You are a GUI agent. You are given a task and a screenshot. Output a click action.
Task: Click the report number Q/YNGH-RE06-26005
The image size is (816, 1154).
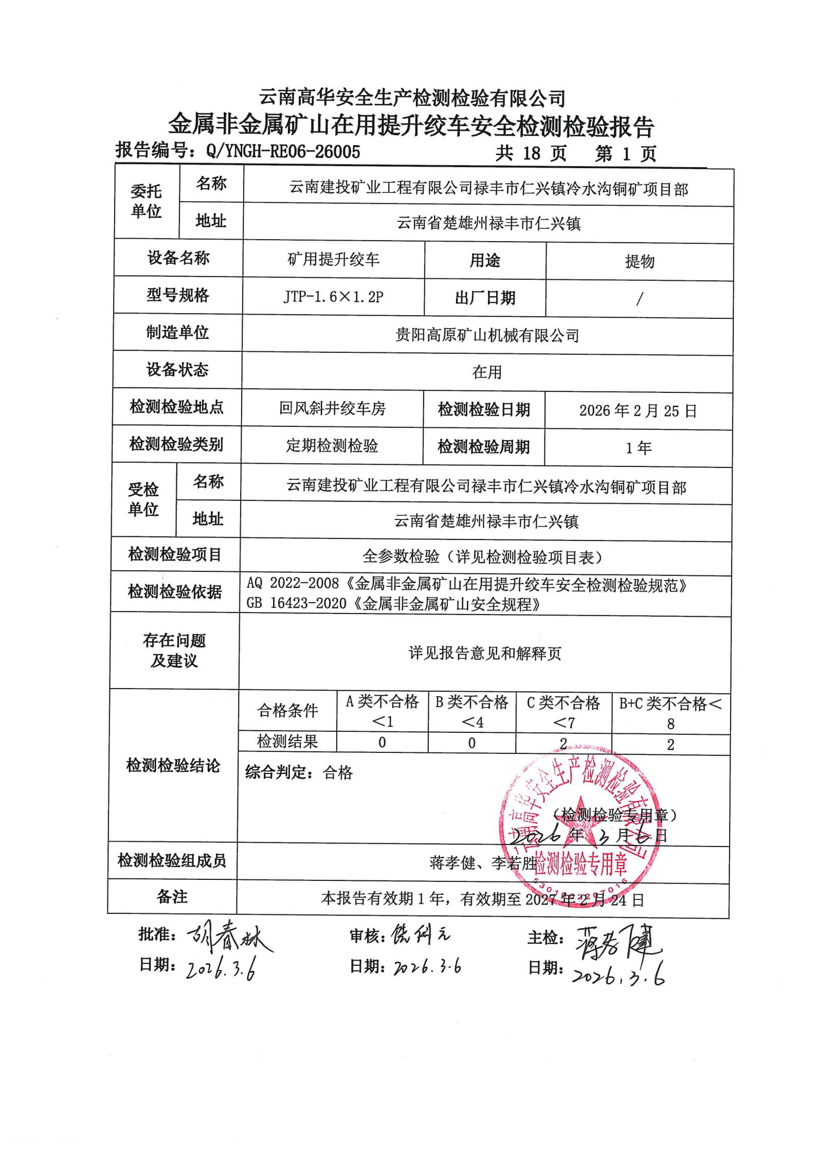(x=283, y=152)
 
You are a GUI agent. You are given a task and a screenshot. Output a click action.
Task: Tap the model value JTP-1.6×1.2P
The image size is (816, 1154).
(x=333, y=297)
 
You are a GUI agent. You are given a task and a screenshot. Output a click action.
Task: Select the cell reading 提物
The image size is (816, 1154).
(x=640, y=262)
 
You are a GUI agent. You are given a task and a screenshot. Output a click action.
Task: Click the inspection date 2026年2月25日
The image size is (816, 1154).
(x=638, y=410)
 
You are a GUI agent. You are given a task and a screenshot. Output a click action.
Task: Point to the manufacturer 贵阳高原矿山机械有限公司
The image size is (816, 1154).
(x=487, y=335)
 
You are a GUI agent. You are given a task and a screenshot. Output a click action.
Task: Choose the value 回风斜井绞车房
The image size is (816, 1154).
(x=332, y=408)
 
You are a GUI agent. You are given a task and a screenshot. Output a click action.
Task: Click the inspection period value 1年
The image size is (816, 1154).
(x=638, y=448)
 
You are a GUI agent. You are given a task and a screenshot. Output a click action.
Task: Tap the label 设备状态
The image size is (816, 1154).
(x=177, y=369)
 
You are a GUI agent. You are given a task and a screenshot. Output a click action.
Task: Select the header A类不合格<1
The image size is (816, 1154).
(x=382, y=711)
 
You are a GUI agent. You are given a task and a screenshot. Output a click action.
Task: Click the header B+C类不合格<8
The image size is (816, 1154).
(x=670, y=713)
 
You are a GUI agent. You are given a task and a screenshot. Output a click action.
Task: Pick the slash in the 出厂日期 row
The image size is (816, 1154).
(x=639, y=299)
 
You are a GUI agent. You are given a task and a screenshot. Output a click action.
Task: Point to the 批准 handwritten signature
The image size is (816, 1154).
(x=229, y=937)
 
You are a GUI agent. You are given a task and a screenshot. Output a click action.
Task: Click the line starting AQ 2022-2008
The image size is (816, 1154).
(x=466, y=584)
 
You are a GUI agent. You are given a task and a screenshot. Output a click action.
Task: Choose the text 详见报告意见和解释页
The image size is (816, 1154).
(x=484, y=653)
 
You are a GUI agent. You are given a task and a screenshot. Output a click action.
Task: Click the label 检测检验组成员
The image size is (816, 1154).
(x=172, y=860)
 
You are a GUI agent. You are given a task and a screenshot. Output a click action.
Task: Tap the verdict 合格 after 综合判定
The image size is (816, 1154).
(x=338, y=772)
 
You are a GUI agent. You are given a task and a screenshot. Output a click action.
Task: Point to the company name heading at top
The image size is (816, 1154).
(x=412, y=98)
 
